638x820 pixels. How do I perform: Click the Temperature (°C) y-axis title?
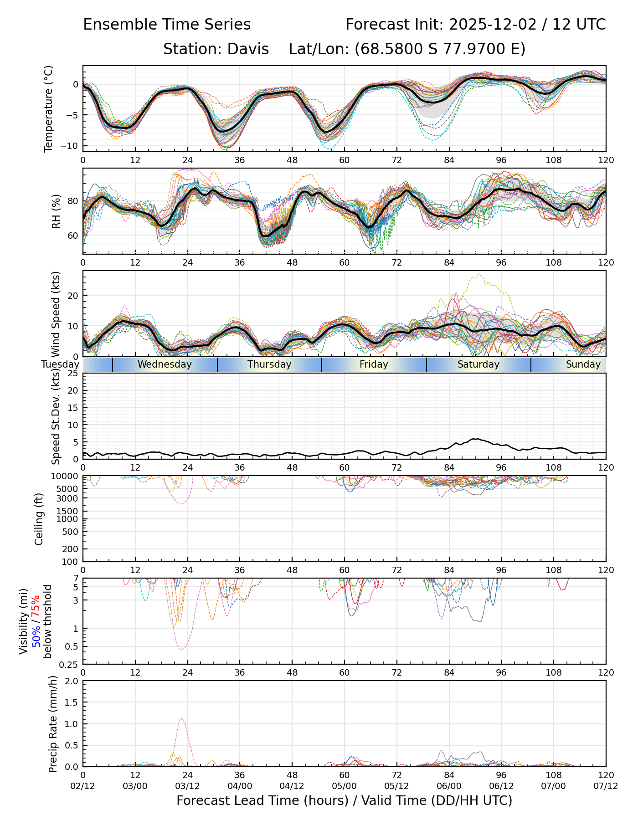click(48, 108)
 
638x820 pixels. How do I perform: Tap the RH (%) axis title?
click(56, 211)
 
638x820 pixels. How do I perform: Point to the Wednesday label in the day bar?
click(165, 364)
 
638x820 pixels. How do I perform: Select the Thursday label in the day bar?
click(269, 364)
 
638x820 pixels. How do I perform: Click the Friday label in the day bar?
click(374, 364)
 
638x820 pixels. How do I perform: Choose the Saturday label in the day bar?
click(478, 364)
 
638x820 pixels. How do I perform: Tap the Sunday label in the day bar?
click(583, 364)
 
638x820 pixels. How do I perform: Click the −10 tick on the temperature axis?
click(71, 146)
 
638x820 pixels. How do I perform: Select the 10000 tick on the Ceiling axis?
click(66, 476)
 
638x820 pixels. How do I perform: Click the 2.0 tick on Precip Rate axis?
click(72, 681)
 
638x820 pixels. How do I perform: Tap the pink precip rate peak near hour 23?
click(181, 719)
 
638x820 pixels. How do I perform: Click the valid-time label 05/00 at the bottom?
click(345, 786)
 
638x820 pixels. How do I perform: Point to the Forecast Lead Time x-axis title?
click(345, 800)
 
